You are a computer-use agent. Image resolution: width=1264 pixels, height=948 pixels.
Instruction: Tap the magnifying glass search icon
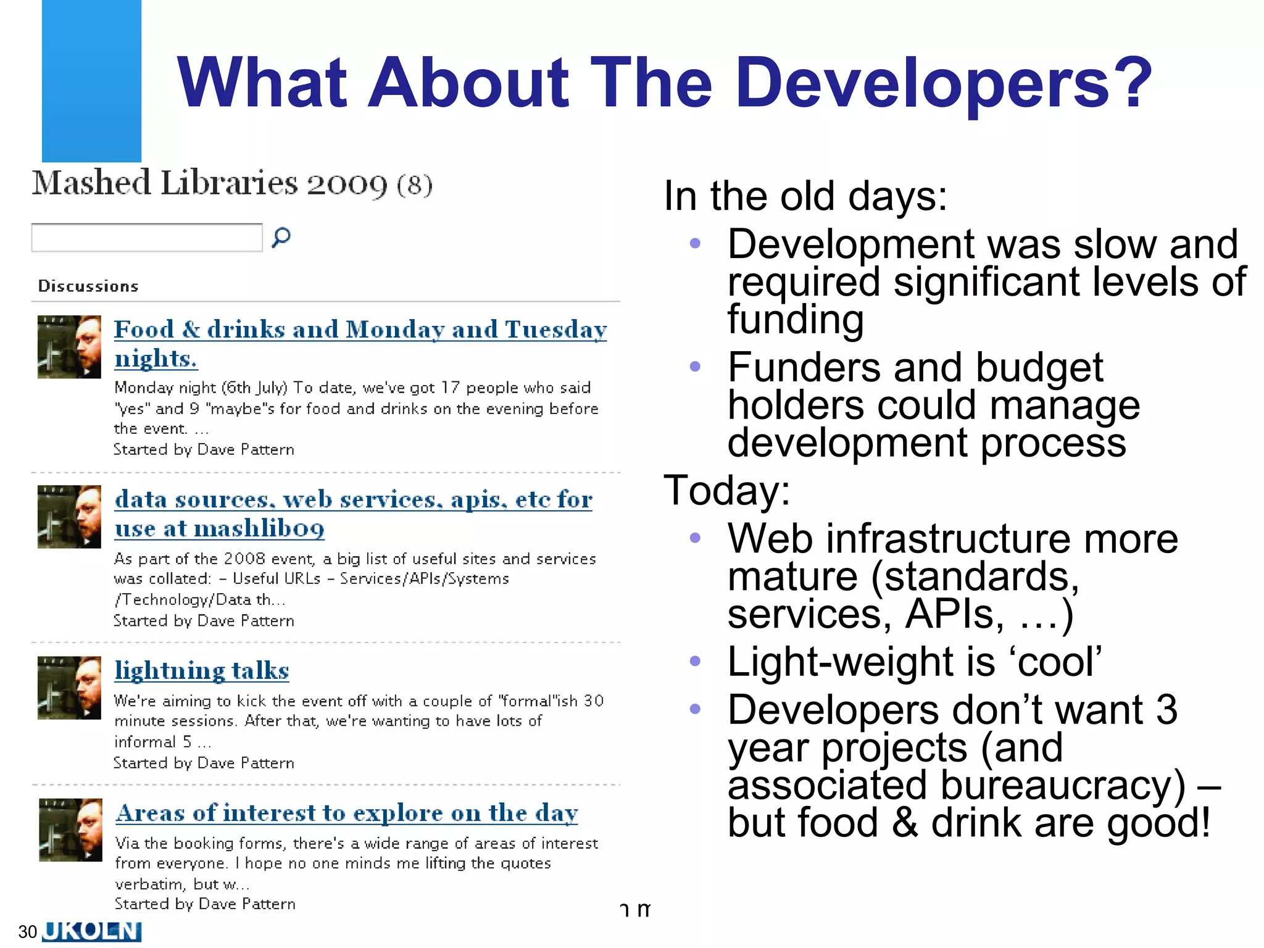tap(281, 237)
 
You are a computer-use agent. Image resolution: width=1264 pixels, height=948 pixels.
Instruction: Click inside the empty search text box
tap(147, 238)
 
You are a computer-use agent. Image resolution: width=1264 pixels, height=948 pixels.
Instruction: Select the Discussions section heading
tap(88, 286)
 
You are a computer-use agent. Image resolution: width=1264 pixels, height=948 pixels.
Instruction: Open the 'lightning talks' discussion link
tap(202, 671)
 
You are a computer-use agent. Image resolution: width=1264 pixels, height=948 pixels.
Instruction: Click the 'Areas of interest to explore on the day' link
tap(347, 813)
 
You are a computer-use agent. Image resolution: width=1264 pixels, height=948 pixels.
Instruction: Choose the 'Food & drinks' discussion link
tap(360, 330)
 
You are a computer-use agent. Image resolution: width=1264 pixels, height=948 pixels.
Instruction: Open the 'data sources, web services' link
tap(353, 500)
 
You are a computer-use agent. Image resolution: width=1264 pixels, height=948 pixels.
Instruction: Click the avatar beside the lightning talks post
tap(69, 688)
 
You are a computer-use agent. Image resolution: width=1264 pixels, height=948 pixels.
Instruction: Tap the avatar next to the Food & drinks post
tap(69, 347)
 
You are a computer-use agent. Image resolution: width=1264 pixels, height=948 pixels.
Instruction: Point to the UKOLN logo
tap(92, 931)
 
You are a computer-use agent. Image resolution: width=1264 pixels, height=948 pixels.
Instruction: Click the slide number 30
tap(28, 931)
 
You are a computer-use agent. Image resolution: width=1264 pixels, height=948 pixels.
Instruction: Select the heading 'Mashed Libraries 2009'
tap(210, 183)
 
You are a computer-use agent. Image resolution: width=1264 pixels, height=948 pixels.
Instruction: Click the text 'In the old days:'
tap(805, 196)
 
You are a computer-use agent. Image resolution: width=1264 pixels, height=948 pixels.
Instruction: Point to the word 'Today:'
tap(726, 491)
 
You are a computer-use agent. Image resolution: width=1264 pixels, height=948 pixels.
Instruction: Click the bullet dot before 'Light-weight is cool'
tap(695, 661)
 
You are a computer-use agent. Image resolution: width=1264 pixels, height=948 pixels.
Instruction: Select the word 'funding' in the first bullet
tap(795, 319)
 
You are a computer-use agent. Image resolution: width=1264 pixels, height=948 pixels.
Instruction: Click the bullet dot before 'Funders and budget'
tap(695, 367)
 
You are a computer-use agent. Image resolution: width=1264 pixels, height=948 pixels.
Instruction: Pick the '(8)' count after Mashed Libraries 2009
tap(414, 185)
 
